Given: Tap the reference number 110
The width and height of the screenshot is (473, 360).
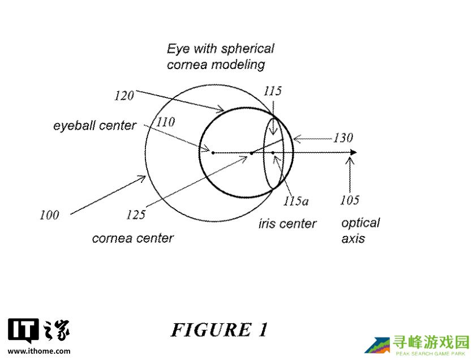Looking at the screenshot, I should (x=165, y=122).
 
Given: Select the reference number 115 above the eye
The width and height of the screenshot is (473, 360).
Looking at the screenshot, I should (x=273, y=91).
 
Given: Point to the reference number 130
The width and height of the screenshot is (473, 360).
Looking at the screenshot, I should (x=342, y=138).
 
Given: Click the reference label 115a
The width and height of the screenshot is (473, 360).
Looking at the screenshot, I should (x=296, y=200).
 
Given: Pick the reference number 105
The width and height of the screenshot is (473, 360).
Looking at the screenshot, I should (x=350, y=200).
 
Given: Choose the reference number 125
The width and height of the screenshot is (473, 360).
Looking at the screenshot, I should (x=136, y=215).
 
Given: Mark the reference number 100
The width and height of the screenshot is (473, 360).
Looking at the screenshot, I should (x=49, y=215).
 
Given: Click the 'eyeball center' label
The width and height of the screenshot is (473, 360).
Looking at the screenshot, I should (x=94, y=125).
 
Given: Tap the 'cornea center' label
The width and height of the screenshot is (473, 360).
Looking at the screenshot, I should (x=132, y=238).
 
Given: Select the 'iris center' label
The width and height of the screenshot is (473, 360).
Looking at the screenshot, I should (x=287, y=224).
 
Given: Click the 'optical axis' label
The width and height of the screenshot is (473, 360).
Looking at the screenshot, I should (x=360, y=230).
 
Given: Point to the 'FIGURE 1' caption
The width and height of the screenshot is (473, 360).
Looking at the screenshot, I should (x=219, y=329).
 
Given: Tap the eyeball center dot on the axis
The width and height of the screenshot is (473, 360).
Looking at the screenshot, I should (x=213, y=152).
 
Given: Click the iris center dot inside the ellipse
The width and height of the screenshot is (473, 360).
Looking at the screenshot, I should (x=273, y=152).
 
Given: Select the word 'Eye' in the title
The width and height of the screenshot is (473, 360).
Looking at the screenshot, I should (x=177, y=49).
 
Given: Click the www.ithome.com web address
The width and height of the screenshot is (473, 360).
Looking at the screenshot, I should (x=39, y=351).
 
